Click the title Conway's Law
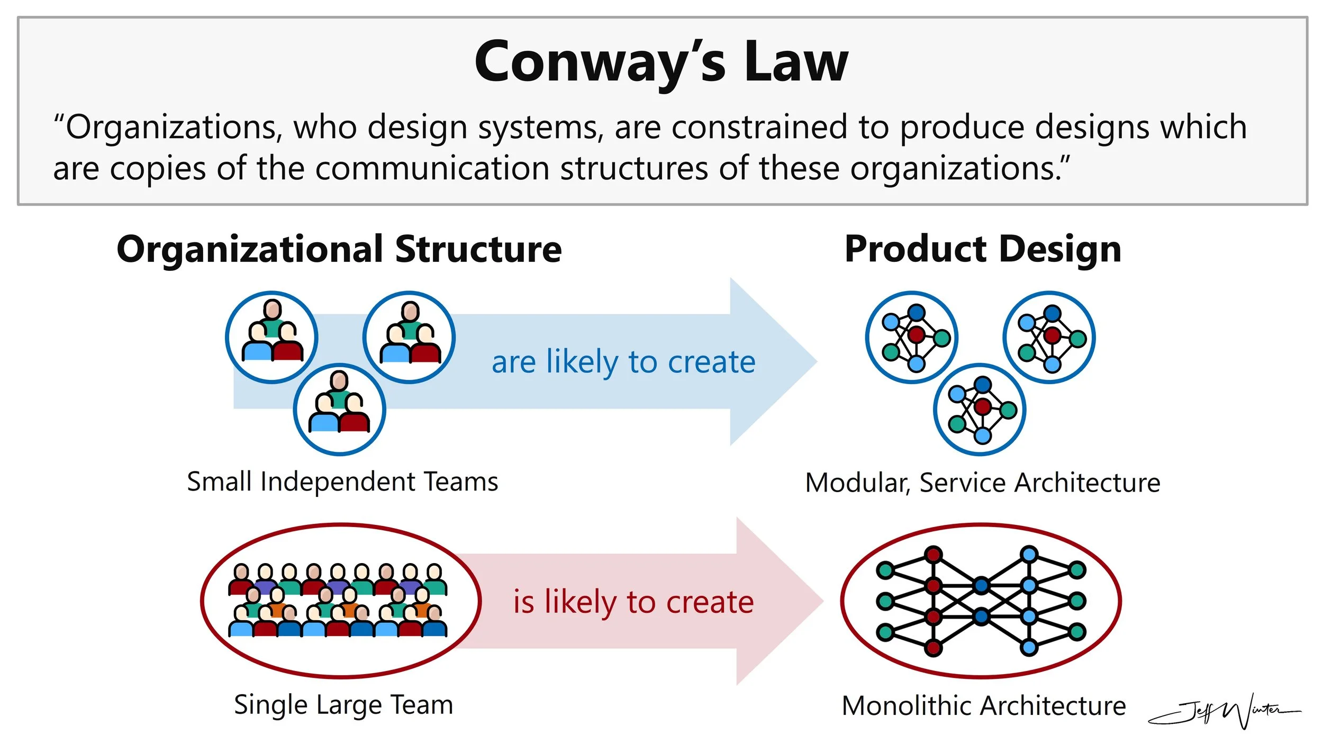[661, 62]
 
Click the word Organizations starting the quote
[169, 128]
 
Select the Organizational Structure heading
[339, 249]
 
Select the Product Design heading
[983, 249]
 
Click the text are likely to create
[623, 362]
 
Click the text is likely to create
[633, 602]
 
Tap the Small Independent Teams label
[342, 482]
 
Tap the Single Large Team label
[343, 705]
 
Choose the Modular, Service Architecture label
[983, 483]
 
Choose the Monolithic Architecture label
[984, 706]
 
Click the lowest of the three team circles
[340, 410]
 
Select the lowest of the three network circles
[980, 410]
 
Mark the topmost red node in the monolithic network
[933, 555]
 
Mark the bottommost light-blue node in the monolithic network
[1029, 647]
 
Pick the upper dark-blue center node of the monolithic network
[981, 585]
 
